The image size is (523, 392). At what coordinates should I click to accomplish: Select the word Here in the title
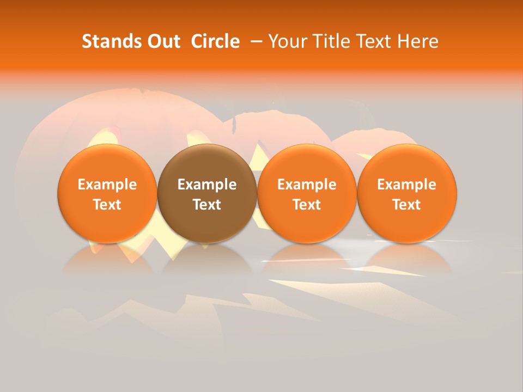point(418,41)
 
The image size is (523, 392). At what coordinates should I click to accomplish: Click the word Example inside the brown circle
point(207,185)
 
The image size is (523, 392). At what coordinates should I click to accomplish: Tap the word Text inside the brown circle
point(207,205)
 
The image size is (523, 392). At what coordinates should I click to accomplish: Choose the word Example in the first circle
point(107,185)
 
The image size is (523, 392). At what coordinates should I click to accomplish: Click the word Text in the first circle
point(107,205)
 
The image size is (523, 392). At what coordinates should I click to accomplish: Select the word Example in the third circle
point(307,185)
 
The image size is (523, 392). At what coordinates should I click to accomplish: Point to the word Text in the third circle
point(307,205)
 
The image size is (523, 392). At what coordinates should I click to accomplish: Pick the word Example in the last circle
point(406,185)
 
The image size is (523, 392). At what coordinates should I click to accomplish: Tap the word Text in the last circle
point(406,205)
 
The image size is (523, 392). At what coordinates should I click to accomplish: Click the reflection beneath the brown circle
point(207,259)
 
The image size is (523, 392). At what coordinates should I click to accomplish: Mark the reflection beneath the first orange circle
point(107,259)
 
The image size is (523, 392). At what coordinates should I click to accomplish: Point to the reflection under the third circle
point(307,259)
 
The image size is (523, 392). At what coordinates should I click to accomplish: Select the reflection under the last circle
point(406,259)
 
